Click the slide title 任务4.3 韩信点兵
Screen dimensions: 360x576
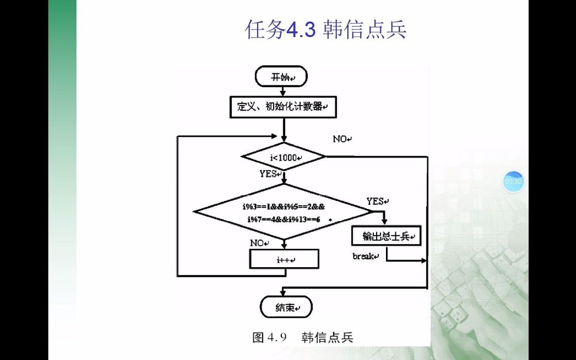[326, 30]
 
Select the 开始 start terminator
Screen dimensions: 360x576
[281, 77]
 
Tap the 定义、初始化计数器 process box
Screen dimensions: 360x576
[283, 107]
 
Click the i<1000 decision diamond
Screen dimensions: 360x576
[283, 157]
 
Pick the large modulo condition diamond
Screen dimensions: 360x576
[283, 212]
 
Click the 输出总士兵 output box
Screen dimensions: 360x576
[387, 236]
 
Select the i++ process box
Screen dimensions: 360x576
[284, 259]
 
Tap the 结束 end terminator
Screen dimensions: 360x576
[286, 307]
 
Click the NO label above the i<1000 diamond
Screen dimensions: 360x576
[341, 139]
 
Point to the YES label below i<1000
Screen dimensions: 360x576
[269, 174]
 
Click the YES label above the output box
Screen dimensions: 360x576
[377, 202]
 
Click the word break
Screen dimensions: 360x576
[364, 256]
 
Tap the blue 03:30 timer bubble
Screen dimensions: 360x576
[513, 181]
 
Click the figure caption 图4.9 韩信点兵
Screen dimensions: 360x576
[303, 337]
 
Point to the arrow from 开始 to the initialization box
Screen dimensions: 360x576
[283, 91]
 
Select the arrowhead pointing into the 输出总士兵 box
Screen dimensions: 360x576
[386, 223]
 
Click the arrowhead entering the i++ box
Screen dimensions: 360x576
[284, 246]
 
